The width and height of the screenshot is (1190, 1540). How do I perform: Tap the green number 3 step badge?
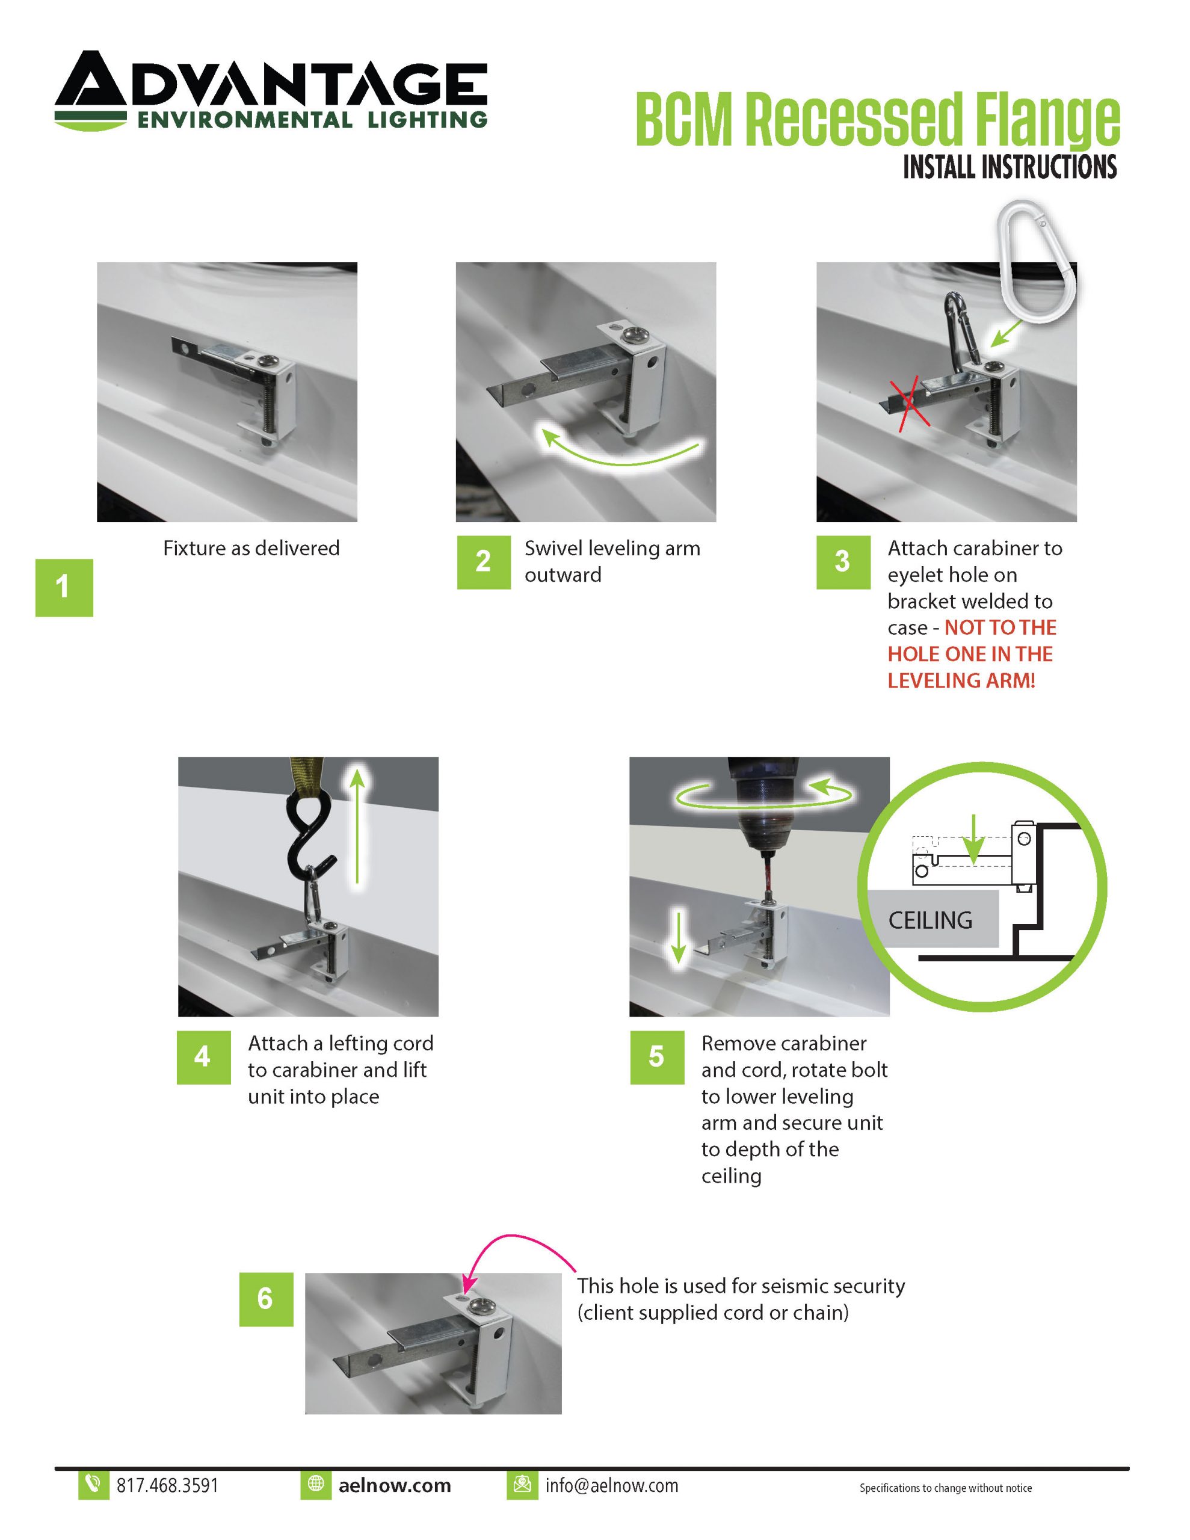842,562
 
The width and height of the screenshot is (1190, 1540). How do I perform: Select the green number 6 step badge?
265,1299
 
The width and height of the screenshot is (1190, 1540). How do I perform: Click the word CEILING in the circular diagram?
929,920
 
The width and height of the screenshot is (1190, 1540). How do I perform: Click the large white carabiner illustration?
1038,261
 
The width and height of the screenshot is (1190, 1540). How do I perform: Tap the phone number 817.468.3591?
167,1485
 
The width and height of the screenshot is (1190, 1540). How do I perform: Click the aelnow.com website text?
394,1485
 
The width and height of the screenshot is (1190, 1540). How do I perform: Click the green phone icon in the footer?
93,1484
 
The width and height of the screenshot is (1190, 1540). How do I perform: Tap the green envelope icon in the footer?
522,1484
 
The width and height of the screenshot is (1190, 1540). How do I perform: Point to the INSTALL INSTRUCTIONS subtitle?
1010,167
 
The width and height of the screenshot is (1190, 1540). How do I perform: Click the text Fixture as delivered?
251,548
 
